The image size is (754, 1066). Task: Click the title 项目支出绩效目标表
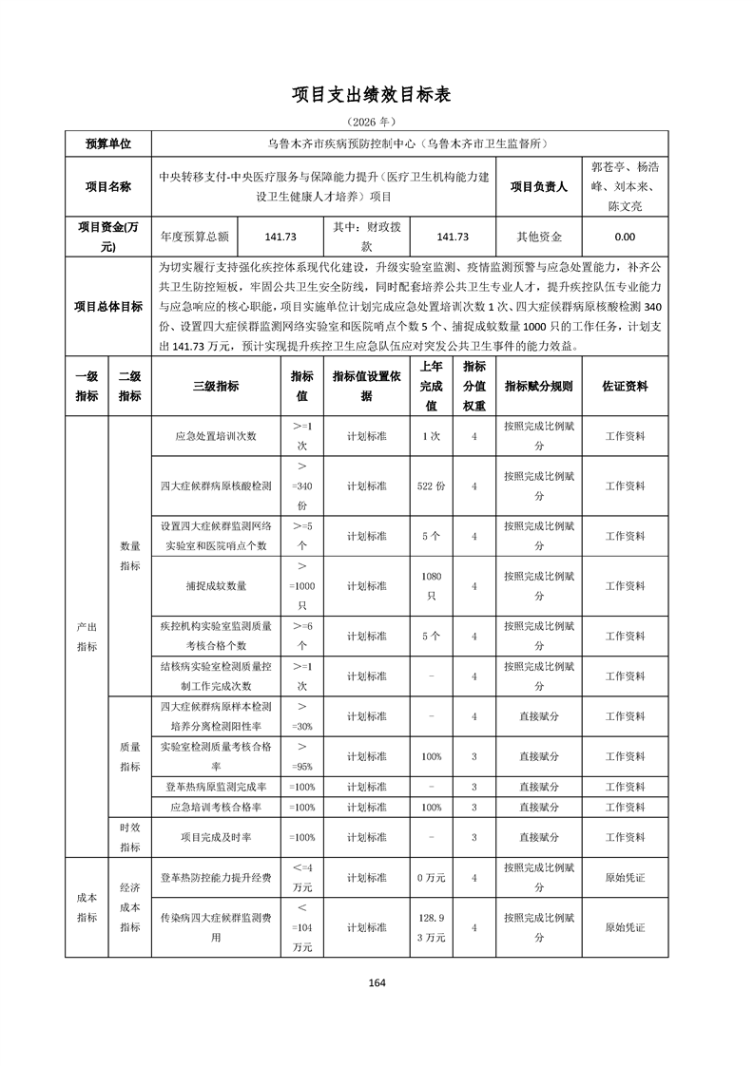[377, 95]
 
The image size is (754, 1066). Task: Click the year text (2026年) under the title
[377, 123]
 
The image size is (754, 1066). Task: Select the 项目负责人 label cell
[538, 187]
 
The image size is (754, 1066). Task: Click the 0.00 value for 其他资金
[625, 238]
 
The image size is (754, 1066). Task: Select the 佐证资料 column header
[625, 387]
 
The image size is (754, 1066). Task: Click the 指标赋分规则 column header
[538, 387]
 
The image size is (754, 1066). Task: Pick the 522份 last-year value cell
[432, 485]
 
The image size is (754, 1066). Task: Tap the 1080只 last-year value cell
[432, 586]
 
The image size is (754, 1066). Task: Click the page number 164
[377, 982]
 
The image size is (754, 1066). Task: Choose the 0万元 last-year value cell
[432, 877]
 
